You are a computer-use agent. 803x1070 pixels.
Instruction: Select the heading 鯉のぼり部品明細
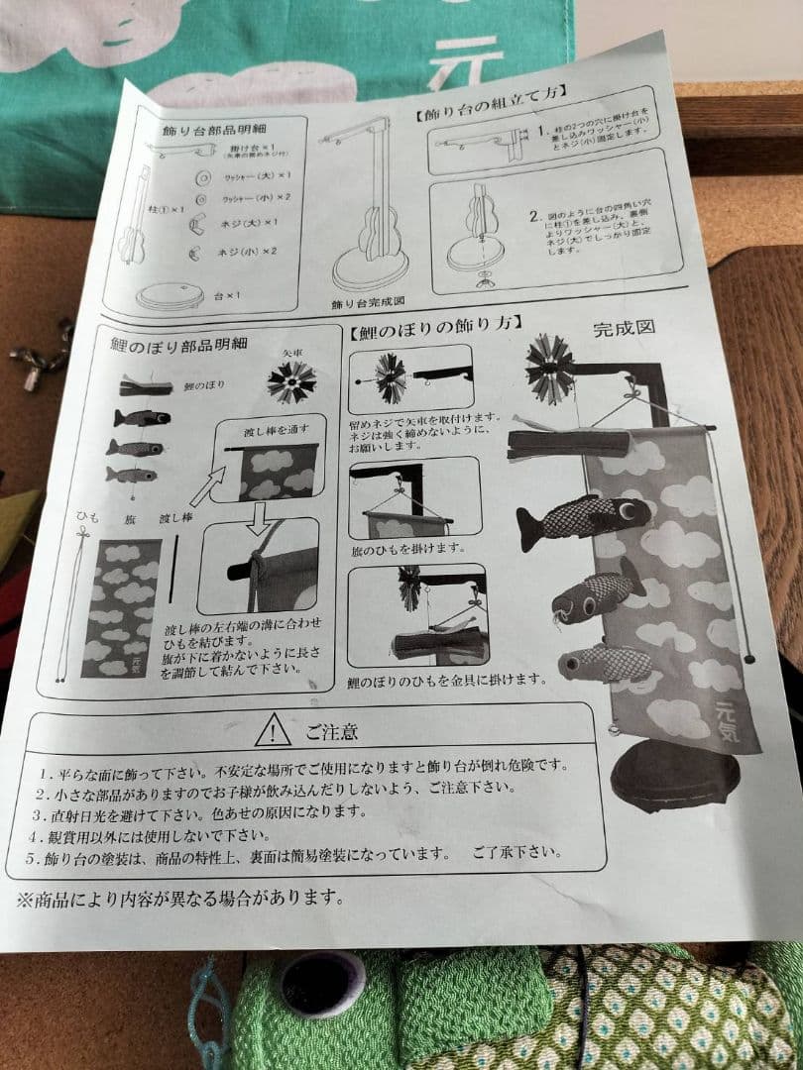coord(178,344)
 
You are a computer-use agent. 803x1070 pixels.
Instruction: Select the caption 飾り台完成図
coord(366,297)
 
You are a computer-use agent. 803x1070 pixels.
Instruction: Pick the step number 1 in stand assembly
coord(542,131)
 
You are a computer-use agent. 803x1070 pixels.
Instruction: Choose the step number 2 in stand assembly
coord(534,215)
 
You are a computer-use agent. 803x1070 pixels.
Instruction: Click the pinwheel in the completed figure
coord(551,368)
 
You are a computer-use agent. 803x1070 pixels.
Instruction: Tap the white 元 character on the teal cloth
coord(466,59)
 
